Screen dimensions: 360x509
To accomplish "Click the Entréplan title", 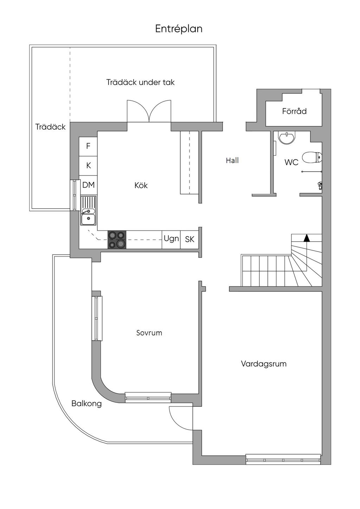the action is [x=179, y=29].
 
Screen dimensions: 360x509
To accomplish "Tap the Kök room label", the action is [x=141, y=185].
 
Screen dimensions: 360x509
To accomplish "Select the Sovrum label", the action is [x=149, y=333].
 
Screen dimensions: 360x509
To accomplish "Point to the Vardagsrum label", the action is [x=264, y=364].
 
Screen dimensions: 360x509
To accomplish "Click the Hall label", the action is [x=232, y=161].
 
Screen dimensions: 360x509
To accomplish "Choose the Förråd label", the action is [x=294, y=111].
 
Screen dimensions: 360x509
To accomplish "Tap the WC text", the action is [x=291, y=162].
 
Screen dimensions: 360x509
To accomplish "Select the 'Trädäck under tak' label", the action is [x=140, y=82].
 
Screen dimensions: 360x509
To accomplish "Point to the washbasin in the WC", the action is [x=287, y=138].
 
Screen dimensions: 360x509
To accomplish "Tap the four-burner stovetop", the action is [x=117, y=240].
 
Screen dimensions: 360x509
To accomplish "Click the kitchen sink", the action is [x=88, y=211].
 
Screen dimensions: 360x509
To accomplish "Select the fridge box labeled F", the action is [x=88, y=146].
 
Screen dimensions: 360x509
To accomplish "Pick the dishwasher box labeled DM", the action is [x=88, y=185].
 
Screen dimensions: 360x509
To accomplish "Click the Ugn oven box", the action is [x=171, y=240].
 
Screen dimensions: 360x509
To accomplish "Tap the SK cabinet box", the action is [x=189, y=240].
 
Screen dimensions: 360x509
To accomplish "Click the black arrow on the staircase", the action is [x=307, y=237].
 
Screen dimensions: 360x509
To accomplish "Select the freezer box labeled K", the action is [x=88, y=166].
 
